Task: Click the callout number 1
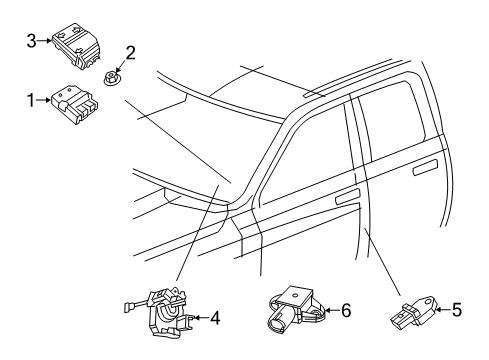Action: [30, 99]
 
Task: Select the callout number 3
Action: [31, 40]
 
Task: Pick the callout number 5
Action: [456, 310]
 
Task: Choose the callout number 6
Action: [347, 312]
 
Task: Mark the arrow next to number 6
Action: [331, 312]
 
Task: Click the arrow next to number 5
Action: [441, 310]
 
